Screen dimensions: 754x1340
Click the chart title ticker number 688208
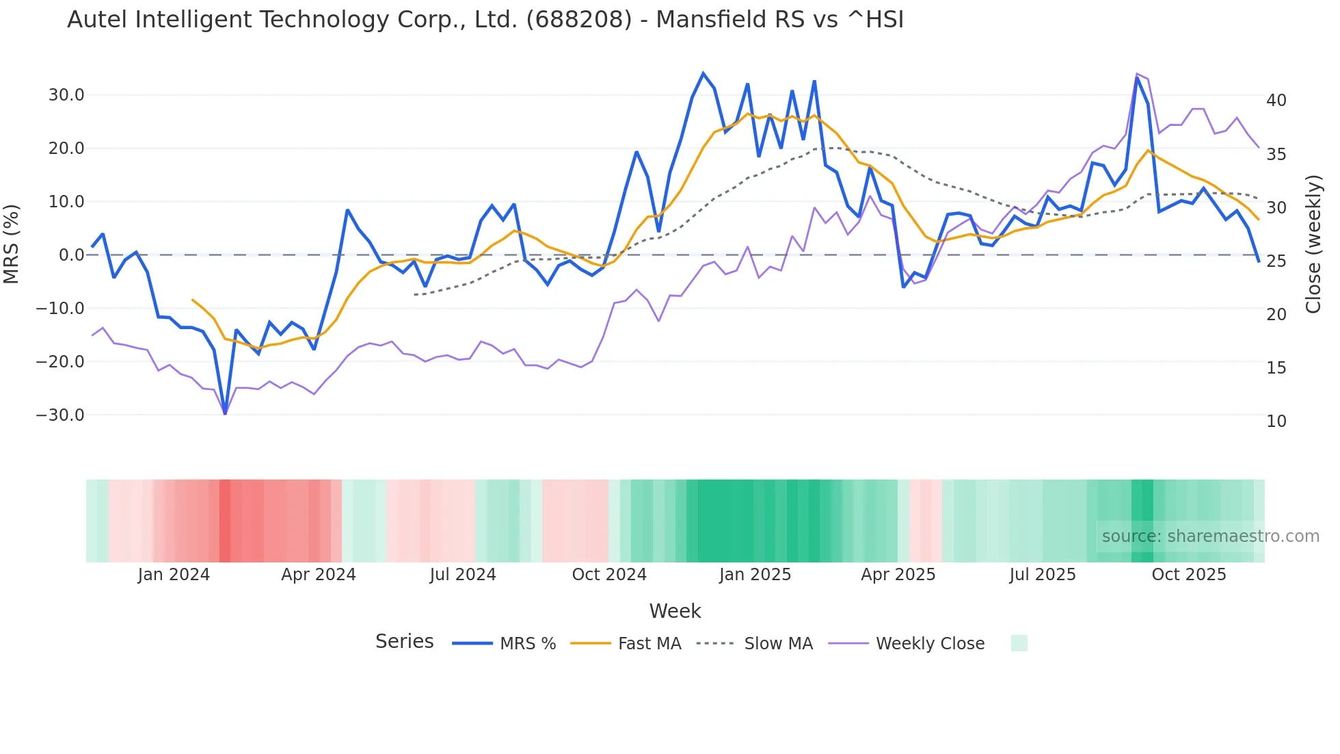point(578,20)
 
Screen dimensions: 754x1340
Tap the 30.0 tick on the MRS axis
point(66,95)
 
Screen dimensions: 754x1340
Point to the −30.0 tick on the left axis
point(61,415)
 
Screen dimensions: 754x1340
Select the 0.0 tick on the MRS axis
point(72,255)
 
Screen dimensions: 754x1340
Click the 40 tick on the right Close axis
point(1276,101)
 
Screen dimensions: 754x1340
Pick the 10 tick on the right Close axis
point(1276,421)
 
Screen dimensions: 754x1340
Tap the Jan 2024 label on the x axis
point(174,575)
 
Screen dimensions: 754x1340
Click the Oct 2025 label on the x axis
point(1189,575)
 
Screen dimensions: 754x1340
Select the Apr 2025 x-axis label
point(898,575)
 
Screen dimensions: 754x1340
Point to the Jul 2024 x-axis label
point(463,575)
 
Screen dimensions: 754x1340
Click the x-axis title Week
point(675,611)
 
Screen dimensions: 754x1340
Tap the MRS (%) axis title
point(12,244)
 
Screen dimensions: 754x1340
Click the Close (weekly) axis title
point(1313,244)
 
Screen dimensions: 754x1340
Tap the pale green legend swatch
point(1019,643)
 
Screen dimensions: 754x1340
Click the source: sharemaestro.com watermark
point(1210,536)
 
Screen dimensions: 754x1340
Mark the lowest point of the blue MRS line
point(225,413)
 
